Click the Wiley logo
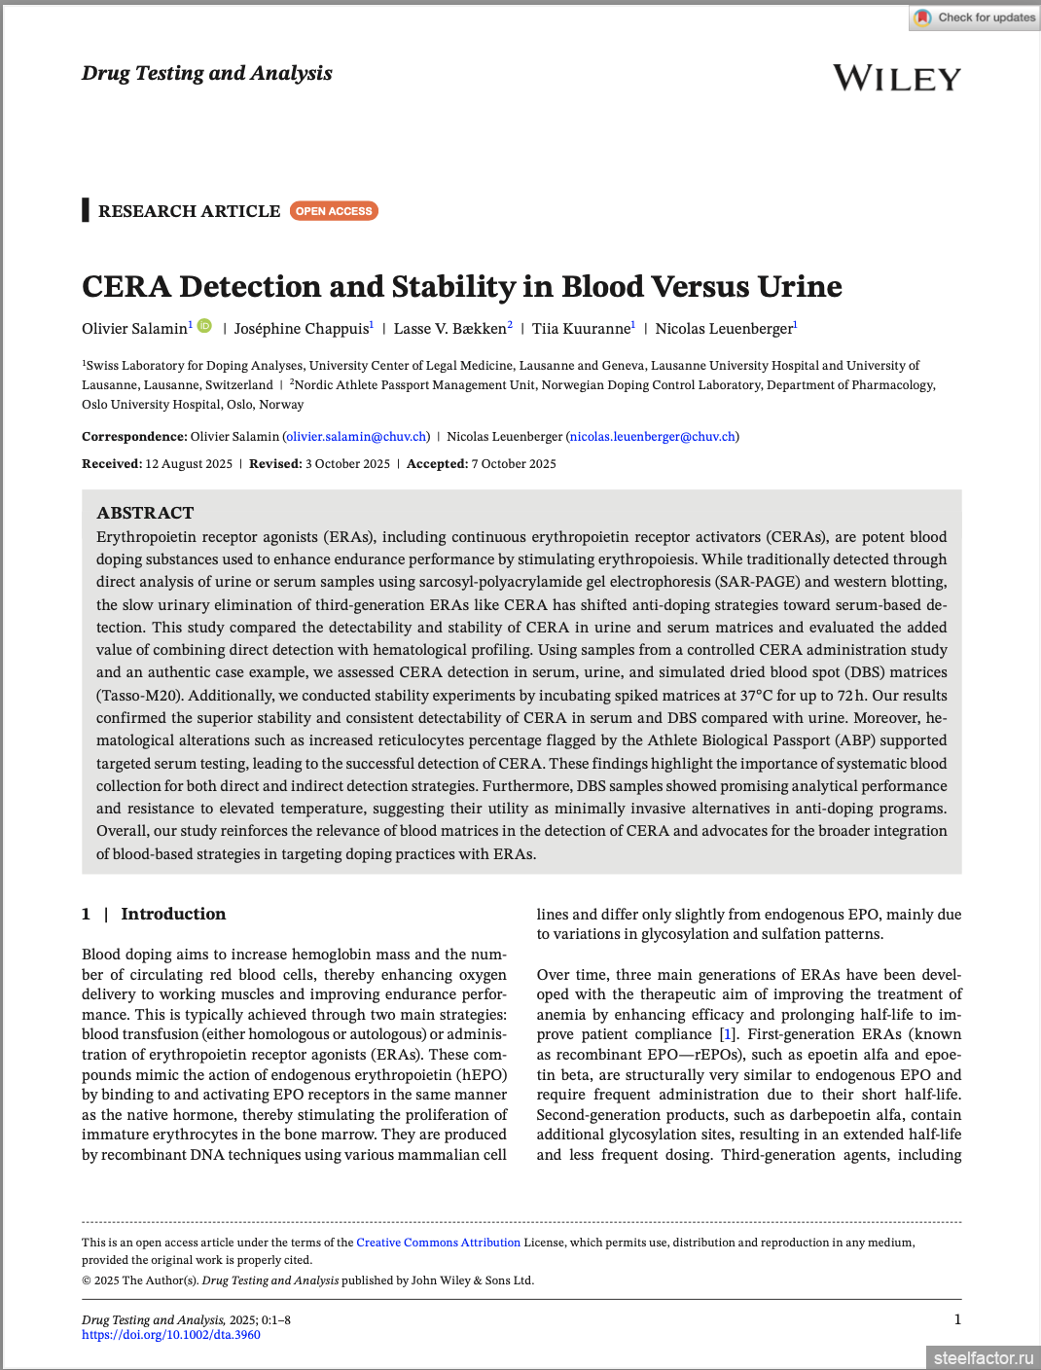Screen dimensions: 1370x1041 [x=896, y=78]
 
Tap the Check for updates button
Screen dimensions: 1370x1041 [x=975, y=18]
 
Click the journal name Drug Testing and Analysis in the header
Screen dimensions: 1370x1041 [x=206, y=73]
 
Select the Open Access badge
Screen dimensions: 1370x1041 [x=334, y=211]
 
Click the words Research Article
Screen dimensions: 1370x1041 [x=189, y=211]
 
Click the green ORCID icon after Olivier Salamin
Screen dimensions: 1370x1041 [x=204, y=326]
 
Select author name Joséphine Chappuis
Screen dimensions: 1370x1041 [x=302, y=329]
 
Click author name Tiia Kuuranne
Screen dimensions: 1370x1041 [x=581, y=329]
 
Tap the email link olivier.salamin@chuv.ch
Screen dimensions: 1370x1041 [x=356, y=437]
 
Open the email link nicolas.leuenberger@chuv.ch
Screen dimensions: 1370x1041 [x=653, y=437]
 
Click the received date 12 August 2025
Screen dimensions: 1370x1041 [x=189, y=464]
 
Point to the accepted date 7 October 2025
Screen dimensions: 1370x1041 [x=514, y=464]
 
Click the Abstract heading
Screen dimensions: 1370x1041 [x=145, y=513]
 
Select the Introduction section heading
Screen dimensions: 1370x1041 [x=173, y=914]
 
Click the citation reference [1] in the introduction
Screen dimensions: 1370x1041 [x=727, y=1034]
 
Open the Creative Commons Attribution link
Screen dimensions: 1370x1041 [x=438, y=1243]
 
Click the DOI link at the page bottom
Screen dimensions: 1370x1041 [x=171, y=1335]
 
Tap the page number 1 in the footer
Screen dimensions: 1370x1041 [x=957, y=1319]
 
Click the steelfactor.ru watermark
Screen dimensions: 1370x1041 [x=983, y=1357]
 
